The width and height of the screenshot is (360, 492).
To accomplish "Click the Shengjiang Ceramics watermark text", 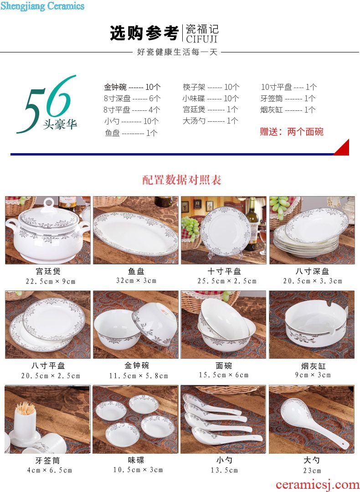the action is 42,6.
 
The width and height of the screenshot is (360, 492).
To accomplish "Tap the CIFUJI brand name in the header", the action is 201,39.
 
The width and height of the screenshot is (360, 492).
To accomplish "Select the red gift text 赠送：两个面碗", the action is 291,131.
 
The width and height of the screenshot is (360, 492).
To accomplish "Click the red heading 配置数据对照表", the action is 182,180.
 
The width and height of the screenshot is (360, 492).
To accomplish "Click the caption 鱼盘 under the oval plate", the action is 136,271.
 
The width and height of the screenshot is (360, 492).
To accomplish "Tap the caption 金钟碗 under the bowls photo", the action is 137,365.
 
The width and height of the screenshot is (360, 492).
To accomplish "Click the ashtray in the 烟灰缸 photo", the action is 315,323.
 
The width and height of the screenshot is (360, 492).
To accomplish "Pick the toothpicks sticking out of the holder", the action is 25,408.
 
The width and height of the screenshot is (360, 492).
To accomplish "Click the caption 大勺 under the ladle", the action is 312,460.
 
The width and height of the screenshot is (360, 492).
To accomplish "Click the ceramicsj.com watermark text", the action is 318,485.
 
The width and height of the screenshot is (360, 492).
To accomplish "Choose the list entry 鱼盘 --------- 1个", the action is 131,133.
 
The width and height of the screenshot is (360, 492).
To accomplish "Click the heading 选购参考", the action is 144,33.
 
